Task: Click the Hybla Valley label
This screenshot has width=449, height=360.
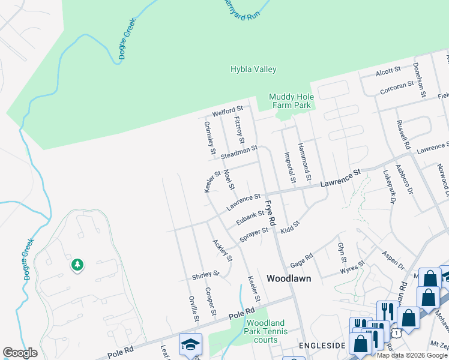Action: coord(253,69)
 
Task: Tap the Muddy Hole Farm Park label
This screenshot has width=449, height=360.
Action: coord(290,101)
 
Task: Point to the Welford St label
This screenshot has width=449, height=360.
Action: coord(228,112)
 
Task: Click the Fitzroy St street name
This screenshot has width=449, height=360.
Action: coord(239,129)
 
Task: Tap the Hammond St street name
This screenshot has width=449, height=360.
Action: coord(305,162)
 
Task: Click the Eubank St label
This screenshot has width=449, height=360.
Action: coord(250,217)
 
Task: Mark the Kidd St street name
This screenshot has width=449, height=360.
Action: coord(289,227)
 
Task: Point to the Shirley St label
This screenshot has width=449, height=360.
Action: coord(206,275)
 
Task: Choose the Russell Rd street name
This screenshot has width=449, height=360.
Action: coord(402,135)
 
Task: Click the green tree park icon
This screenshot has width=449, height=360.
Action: coord(77,265)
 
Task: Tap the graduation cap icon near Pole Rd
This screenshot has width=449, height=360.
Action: coord(190,344)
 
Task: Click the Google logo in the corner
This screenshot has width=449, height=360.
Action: coord(20,353)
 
